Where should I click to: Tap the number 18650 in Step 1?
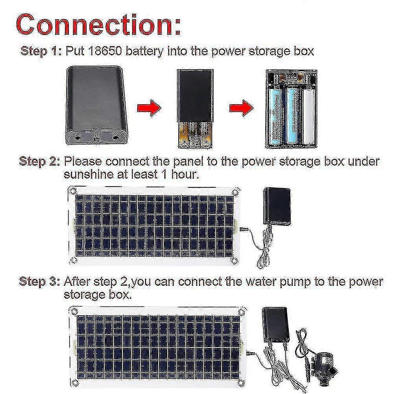point(105,51)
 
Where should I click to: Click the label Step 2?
point(39,161)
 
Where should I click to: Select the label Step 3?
point(39,281)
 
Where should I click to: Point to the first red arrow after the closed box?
point(149,108)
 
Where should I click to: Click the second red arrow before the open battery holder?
point(241,108)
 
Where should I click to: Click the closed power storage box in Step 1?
point(96,105)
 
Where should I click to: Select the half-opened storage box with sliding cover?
point(195,109)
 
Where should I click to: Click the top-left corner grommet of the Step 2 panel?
point(72,190)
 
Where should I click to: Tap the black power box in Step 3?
point(276,326)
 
